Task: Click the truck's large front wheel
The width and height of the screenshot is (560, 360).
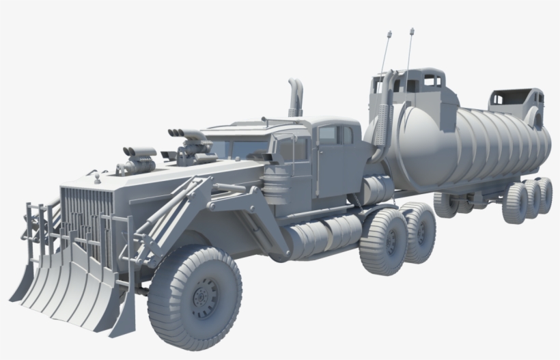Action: coord(194,297)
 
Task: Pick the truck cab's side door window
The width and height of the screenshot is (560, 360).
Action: coord(328,136)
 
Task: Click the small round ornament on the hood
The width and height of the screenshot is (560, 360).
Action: coord(98,179)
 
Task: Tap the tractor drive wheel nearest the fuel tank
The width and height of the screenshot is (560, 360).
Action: coord(384,241)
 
